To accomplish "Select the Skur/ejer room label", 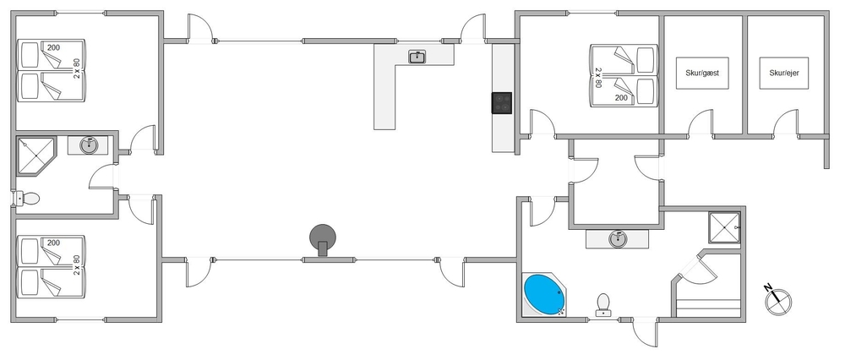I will [x=783, y=74].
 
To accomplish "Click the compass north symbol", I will [x=777, y=298].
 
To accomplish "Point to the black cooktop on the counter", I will [x=502, y=102].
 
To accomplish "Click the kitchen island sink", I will [x=417, y=57].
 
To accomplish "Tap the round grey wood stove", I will [x=322, y=237].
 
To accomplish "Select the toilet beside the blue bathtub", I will [x=603, y=303].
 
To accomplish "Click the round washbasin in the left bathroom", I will [x=90, y=145].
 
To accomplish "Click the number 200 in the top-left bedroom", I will [x=54, y=48].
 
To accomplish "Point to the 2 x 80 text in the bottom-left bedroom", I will [x=76, y=261].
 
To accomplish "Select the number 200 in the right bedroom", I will [x=621, y=98].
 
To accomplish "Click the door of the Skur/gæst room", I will [x=701, y=123].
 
